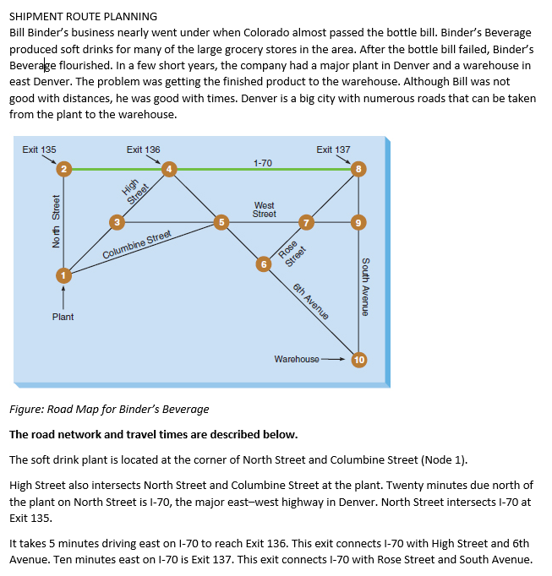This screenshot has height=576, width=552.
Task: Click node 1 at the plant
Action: (x=62, y=274)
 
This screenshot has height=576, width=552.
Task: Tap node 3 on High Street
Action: (x=118, y=222)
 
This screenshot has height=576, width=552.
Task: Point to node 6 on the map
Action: (x=264, y=264)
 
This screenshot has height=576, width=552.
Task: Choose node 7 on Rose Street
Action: (x=307, y=222)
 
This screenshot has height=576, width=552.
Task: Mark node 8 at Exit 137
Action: (x=359, y=169)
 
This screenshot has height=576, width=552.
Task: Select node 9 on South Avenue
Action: (x=359, y=222)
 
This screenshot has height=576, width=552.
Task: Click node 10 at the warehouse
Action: (x=359, y=359)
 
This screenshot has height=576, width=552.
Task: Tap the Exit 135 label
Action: (x=39, y=149)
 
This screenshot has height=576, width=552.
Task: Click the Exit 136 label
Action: (x=143, y=149)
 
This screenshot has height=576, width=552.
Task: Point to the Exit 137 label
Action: (x=333, y=149)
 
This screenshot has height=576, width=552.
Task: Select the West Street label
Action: (x=264, y=209)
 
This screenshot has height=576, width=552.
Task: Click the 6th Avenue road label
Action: (x=309, y=302)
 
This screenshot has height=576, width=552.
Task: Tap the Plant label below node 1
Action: (x=63, y=317)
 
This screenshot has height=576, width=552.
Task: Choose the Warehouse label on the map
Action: (x=297, y=359)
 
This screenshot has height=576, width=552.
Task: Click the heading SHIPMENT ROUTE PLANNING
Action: (x=83, y=16)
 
